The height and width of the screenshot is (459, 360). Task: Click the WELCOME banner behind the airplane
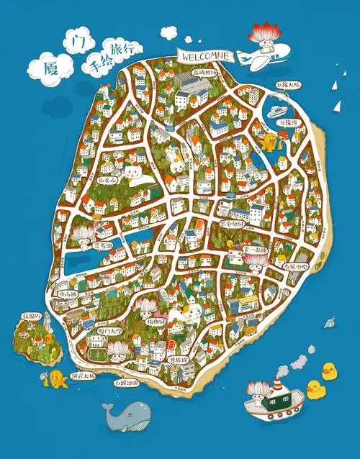[205, 55]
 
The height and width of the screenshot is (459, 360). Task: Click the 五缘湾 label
[292, 122]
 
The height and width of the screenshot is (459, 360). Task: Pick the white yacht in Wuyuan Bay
[276, 112]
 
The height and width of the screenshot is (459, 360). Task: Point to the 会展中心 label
[295, 265]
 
